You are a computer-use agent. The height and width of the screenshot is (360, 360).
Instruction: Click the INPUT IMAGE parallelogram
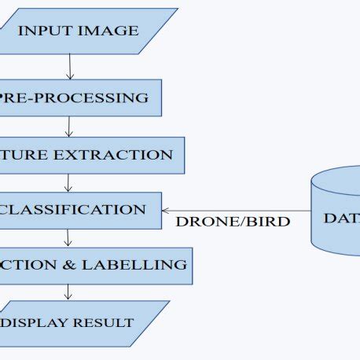pos(79,31)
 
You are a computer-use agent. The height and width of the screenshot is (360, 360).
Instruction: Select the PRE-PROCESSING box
pos(79,98)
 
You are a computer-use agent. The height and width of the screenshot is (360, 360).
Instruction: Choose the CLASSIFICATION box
pos(79,210)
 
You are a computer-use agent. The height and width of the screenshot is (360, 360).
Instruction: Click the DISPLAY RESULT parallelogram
pos(79,322)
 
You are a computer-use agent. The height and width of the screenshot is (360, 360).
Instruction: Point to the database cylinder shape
pos(336,211)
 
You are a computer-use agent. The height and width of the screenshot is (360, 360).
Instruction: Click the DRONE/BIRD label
pos(233,222)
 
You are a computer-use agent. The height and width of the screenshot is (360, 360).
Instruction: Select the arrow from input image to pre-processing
pos(70,66)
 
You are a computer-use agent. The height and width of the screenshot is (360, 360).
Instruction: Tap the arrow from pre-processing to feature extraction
pos(70,126)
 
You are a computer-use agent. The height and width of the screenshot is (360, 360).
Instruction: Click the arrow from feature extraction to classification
pos(69,182)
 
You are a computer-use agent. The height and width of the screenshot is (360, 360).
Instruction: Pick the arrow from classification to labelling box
pos(69,237)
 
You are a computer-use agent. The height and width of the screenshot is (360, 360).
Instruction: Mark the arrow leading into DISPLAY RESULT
pos(69,292)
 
